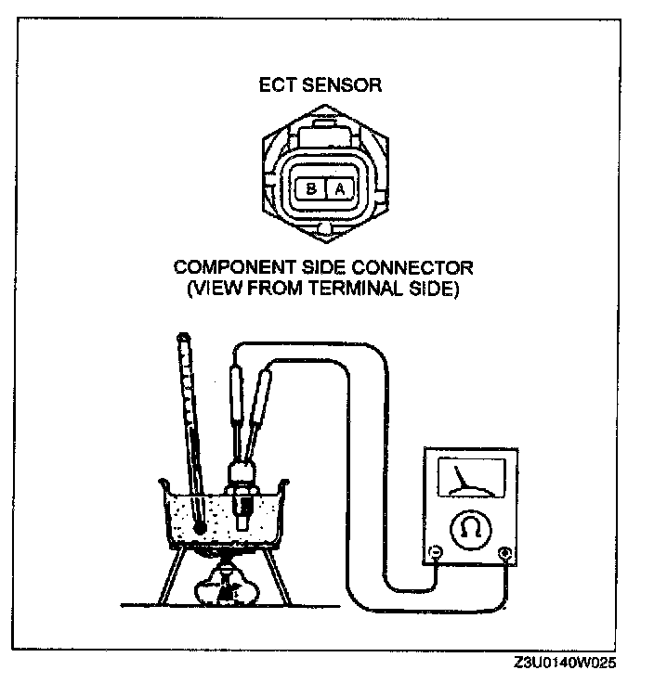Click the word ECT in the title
pos(277,86)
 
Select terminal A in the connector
pos(340,188)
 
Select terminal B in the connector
pos(310,188)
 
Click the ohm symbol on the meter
pos(467,530)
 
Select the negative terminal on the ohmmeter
pos(434,554)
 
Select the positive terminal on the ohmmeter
pos(504,554)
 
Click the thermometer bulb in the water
pos(199,527)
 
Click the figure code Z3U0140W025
pos(564,664)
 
